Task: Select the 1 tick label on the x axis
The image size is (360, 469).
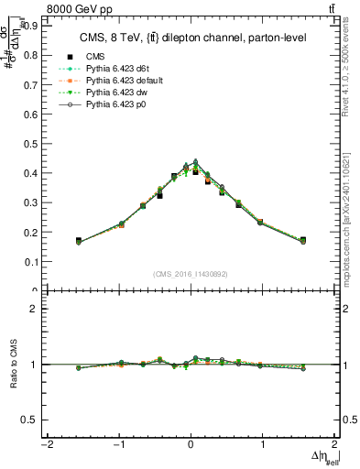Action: click(263, 444)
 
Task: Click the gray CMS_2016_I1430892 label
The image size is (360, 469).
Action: click(191, 274)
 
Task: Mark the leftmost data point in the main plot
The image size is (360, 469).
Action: click(79, 241)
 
